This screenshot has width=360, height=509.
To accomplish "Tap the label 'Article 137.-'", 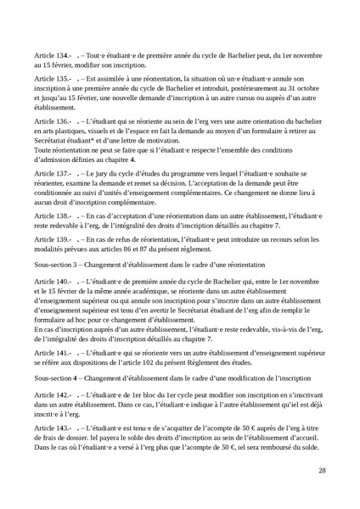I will (48, 173).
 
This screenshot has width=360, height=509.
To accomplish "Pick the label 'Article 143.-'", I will (48, 407).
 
